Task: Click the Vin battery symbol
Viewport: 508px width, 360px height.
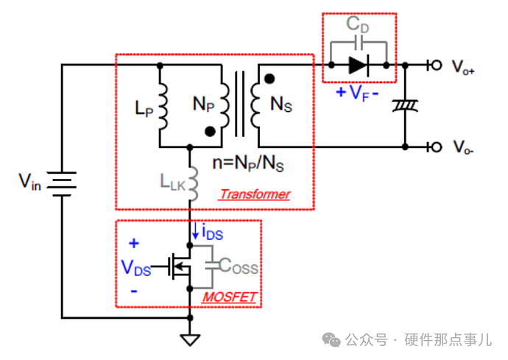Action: [62, 181]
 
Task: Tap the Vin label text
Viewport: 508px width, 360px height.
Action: [30, 180]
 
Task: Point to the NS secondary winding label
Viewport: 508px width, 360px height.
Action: [281, 105]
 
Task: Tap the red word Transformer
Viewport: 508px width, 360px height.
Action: [254, 194]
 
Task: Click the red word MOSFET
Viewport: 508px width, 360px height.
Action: [229, 297]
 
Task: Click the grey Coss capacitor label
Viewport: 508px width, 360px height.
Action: [238, 268]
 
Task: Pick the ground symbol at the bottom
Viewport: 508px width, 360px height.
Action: [191, 339]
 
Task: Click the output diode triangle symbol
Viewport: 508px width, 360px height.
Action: [359, 66]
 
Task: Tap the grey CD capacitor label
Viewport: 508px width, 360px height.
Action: [358, 24]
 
